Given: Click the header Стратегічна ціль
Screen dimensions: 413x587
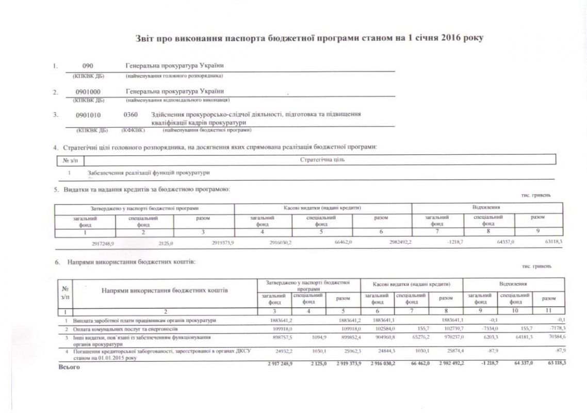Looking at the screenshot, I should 322,160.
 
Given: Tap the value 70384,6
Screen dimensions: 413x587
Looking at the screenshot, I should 556,338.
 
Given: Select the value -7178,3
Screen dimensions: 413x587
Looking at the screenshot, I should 556,328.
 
